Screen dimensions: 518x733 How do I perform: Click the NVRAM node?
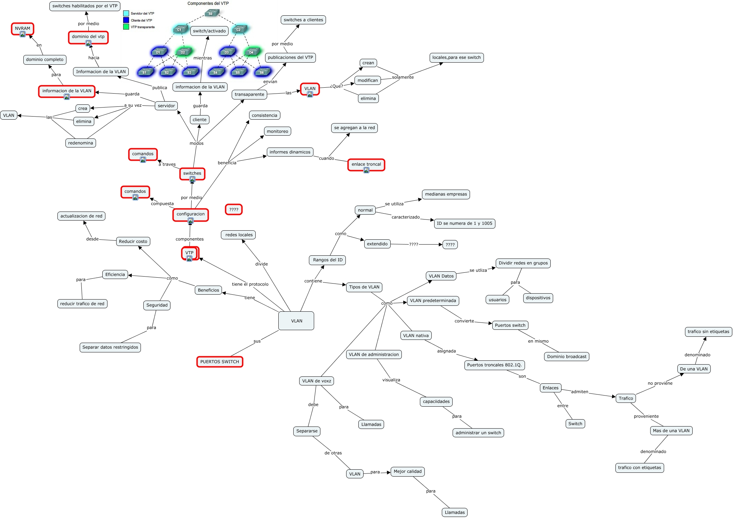pyautogui.click(x=23, y=29)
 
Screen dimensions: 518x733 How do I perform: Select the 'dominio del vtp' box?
pyautogui.click(x=88, y=37)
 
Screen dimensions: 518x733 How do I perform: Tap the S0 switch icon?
pyautogui.click(x=211, y=14)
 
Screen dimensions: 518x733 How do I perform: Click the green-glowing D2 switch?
pyautogui.click(x=183, y=52)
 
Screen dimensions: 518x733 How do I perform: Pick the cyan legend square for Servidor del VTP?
pyautogui.click(x=126, y=14)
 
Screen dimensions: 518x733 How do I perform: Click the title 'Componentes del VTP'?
pyautogui.click(x=208, y=3)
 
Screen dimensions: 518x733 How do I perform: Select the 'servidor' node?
pyautogui.click(x=166, y=106)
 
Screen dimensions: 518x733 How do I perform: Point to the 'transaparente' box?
pyautogui.click(x=249, y=94)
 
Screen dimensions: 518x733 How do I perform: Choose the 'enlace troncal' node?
pyautogui.click(x=366, y=164)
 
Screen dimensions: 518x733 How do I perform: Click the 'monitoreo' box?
pyautogui.click(x=277, y=131)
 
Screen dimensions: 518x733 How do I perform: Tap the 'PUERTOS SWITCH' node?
pyautogui.click(x=220, y=362)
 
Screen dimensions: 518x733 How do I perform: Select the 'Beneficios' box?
pyautogui.click(x=208, y=290)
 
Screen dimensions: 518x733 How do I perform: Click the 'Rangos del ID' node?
pyautogui.click(x=327, y=260)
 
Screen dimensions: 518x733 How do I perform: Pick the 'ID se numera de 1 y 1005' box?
pyautogui.click(x=464, y=223)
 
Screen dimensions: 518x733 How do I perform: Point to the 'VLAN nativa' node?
pyautogui.click(x=416, y=335)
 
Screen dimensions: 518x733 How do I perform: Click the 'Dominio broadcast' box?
pyautogui.click(x=566, y=357)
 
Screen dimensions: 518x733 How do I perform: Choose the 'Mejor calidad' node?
pyautogui.click(x=407, y=471)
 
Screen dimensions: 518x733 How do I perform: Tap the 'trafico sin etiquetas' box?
pyautogui.click(x=708, y=332)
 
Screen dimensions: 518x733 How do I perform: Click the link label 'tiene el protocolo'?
pyautogui.click(x=250, y=284)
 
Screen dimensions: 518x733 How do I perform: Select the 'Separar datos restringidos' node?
pyautogui.click(x=110, y=347)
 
